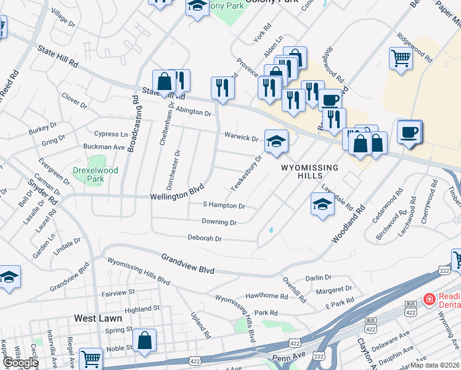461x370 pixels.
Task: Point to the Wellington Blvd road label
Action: [177, 195]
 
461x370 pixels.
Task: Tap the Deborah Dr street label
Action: [205, 238]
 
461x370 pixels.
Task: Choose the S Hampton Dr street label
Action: [224, 205]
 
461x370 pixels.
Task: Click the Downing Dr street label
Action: [219, 222]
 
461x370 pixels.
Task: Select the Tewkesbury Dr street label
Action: [247, 173]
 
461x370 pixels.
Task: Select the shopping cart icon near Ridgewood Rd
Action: [401, 59]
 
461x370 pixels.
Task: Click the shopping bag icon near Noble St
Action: [144, 340]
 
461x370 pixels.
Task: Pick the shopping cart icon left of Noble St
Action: [91, 358]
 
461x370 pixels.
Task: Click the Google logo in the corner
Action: [20, 363]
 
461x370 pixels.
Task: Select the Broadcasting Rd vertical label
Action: [134, 123]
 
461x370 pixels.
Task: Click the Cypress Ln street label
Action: [111, 134]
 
